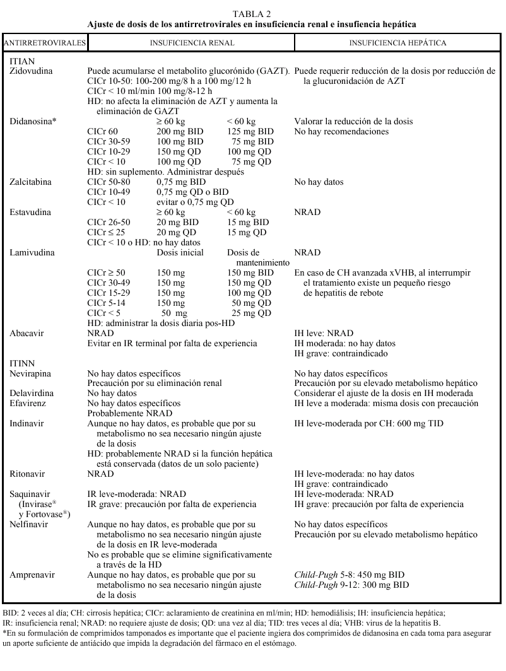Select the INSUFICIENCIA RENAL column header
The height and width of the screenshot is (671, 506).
(x=192, y=44)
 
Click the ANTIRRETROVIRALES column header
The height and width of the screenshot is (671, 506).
(x=44, y=44)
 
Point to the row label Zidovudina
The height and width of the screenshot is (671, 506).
(x=32, y=72)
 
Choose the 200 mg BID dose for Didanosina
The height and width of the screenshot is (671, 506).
(x=179, y=132)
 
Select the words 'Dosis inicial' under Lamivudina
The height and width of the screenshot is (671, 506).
(x=180, y=253)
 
